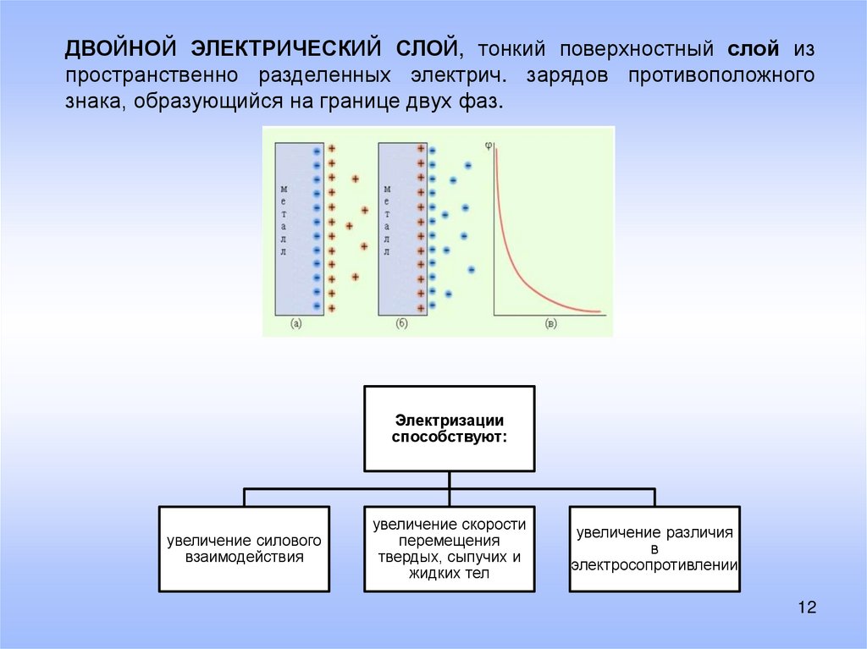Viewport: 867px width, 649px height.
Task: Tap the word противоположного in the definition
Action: pyautogui.click(x=721, y=74)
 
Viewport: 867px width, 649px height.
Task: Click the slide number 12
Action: pyautogui.click(x=805, y=608)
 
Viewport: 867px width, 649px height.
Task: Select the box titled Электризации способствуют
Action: pyautogui.click(x=450, y=428)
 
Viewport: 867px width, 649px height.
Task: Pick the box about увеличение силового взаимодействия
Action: pyautogui.click(x=244, y=548)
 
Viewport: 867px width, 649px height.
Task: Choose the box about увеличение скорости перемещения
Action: pyautogui.click(x=450, y=548)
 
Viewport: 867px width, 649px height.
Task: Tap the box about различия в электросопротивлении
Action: pyautogui.click(x=654, y=548)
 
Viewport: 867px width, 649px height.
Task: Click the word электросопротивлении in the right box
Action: pyautogui.click(x=654, y=564)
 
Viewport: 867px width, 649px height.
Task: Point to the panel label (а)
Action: pyautogui.click(x=296, y=322)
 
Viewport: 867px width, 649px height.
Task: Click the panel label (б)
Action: pyautogui.click(x=401, y=322)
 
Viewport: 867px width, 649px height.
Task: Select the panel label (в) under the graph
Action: pyautogui.click(x=550, y=322)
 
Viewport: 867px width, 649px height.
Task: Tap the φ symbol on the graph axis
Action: pyautogui.click(x=489, y=145)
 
